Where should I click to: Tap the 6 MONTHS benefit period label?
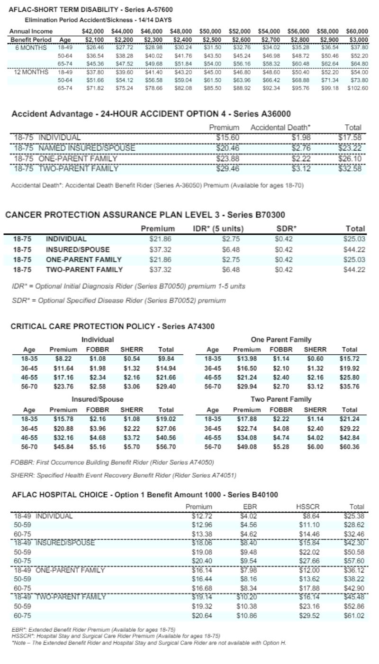click(x=31, y=47)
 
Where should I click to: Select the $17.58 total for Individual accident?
click(x=350, y=138)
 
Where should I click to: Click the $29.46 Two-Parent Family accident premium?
click(x=227, y=168)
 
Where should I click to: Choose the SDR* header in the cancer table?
click(x=286, y=229)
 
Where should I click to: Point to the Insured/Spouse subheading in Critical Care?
click(x=98, y=399)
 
